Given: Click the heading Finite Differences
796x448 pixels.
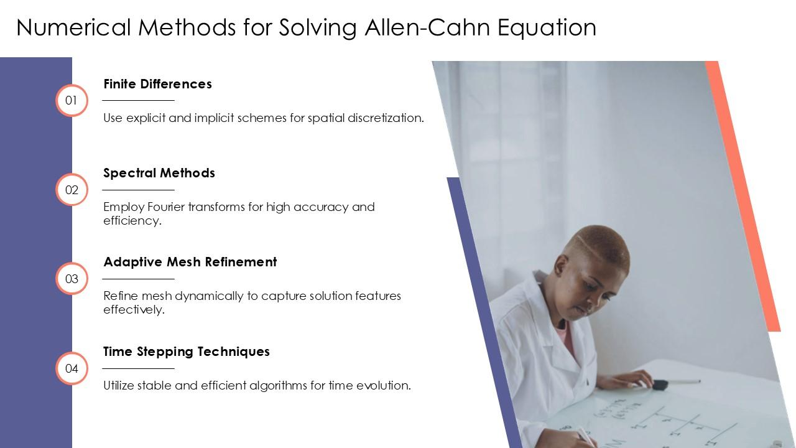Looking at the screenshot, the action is [x=157, y=84].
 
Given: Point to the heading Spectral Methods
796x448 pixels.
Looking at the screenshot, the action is [x=159, y=173].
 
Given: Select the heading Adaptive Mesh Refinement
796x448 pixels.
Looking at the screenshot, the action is [x=190, y=262].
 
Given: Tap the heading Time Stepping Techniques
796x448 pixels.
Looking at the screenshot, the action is [x=186, y=352].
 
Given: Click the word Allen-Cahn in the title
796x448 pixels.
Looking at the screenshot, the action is [x=428, y=27].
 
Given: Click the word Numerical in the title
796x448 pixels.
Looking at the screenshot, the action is [x=73, y=27].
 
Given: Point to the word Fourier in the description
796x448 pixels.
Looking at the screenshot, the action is [x=166, y=207].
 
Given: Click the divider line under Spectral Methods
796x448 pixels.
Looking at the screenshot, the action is [x=138, y=190].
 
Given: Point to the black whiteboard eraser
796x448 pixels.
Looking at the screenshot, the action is [x=660, y=385].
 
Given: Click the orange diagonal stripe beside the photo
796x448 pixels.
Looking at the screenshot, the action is [x=743, y=196].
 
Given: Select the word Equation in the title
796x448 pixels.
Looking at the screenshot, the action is [x=547, y=28].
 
